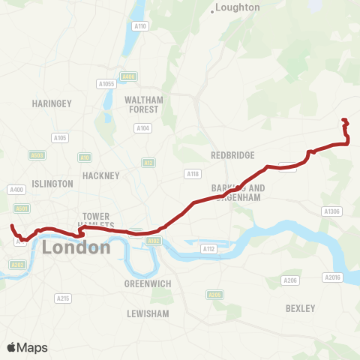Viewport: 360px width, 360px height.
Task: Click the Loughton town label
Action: coord(237,7)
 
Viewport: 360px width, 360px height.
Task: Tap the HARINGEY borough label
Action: coord(51,103)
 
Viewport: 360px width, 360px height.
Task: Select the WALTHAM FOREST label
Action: coord(142,104)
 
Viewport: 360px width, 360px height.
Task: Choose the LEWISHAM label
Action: coord(148,313)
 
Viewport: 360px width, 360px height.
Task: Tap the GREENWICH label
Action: coord(148,283)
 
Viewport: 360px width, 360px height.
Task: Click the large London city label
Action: coord(76,247)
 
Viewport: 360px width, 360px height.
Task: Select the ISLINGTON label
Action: coord(52,184)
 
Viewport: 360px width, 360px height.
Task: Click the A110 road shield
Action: coord(139,26)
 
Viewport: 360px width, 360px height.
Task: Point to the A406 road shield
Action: coord(128,76)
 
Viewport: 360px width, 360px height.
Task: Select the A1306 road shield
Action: coord(331,211)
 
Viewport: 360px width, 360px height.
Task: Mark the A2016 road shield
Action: coord(332,277)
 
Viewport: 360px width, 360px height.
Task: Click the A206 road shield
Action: coord(290,280)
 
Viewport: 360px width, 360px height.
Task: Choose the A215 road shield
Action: coord(63,298)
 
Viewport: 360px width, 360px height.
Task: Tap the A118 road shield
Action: coord(192,173)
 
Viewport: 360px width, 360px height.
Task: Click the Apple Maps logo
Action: coord(27,347)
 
